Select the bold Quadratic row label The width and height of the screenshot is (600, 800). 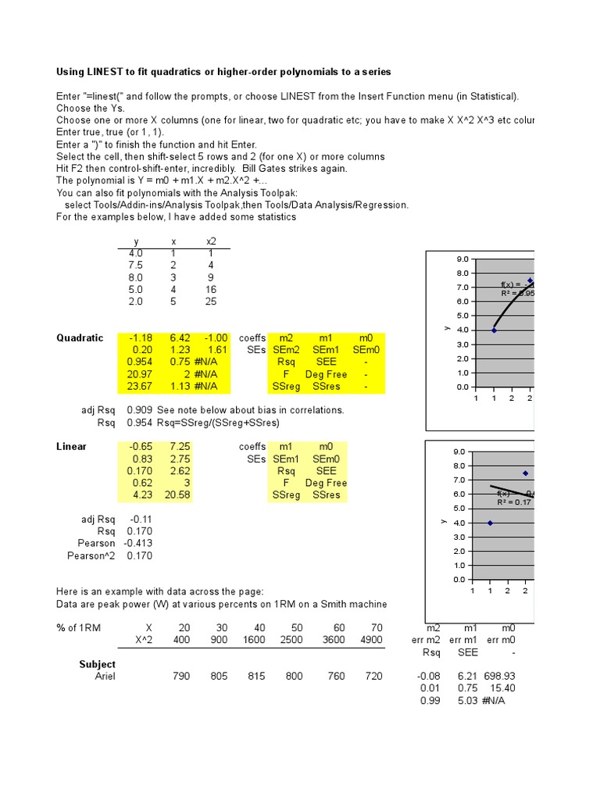coord(79,338)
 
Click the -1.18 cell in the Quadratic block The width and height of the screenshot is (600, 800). coord(139,338)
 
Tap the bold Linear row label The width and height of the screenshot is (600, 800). coord(71,447)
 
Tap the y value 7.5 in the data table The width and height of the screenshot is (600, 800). coord(135,266)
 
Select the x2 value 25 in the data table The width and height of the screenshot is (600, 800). coord(211,302)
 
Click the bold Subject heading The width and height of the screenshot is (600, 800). coord(97,665)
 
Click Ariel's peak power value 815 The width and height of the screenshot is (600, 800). coord(255,677)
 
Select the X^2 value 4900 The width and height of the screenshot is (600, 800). coord(371,641)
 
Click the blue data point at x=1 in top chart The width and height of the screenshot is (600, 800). coord(494,330)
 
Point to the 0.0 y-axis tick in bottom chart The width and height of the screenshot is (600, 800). coord(459,580)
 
